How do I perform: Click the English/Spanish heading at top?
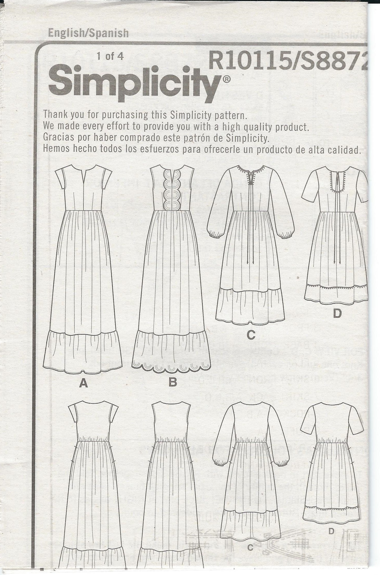tap(88, 33)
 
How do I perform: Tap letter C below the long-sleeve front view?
tap(251, 335)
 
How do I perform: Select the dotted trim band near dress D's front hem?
tap(336, 286)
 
